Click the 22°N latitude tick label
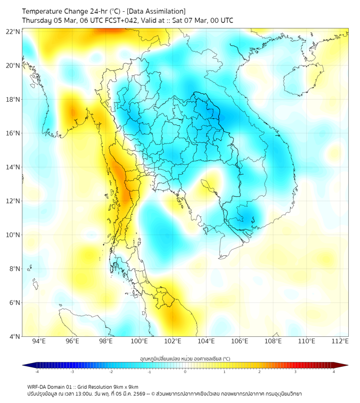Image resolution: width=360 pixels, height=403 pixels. (x=13, y=32)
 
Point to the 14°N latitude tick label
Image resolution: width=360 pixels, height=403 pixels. (x=13, y=167)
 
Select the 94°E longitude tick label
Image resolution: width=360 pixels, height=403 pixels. (x=39, y=341)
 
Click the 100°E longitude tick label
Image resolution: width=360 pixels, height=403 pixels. (x=139, y=341)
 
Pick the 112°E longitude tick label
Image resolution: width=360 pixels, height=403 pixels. (x=340, y=341)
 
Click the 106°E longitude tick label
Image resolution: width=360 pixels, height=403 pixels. (x=240, y=341)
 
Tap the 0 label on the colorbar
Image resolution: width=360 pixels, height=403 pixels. (x=185, y=372)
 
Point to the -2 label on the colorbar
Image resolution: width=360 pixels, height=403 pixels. (x=111, y=372)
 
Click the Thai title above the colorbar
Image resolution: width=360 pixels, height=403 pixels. (x=185, y=359)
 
